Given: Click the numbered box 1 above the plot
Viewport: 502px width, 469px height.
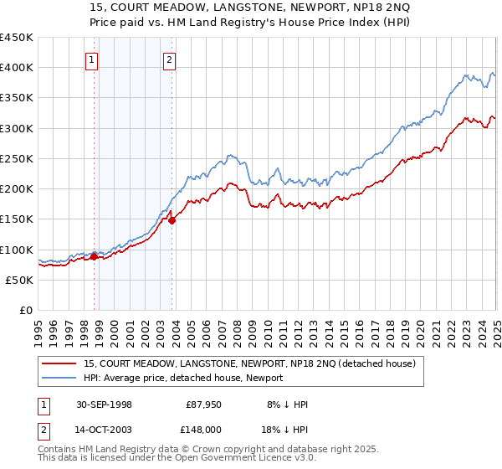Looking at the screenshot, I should coord(91,59).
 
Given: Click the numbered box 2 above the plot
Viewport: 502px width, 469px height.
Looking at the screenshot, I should coord(169,59).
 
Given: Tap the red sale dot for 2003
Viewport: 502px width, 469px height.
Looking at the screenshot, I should coord(172,221).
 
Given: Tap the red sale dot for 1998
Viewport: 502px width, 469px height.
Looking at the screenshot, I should coord(94,257).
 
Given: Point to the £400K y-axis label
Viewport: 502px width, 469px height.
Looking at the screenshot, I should coord(17,68).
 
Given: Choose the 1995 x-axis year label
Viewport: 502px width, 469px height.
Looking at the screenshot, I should coord(39,331).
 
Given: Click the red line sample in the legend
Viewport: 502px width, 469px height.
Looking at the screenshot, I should coord(60,363).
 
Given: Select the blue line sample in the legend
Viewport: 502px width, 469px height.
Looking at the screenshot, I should coord(60,379).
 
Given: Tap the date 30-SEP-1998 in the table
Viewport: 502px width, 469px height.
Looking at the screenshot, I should coord(104,405).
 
